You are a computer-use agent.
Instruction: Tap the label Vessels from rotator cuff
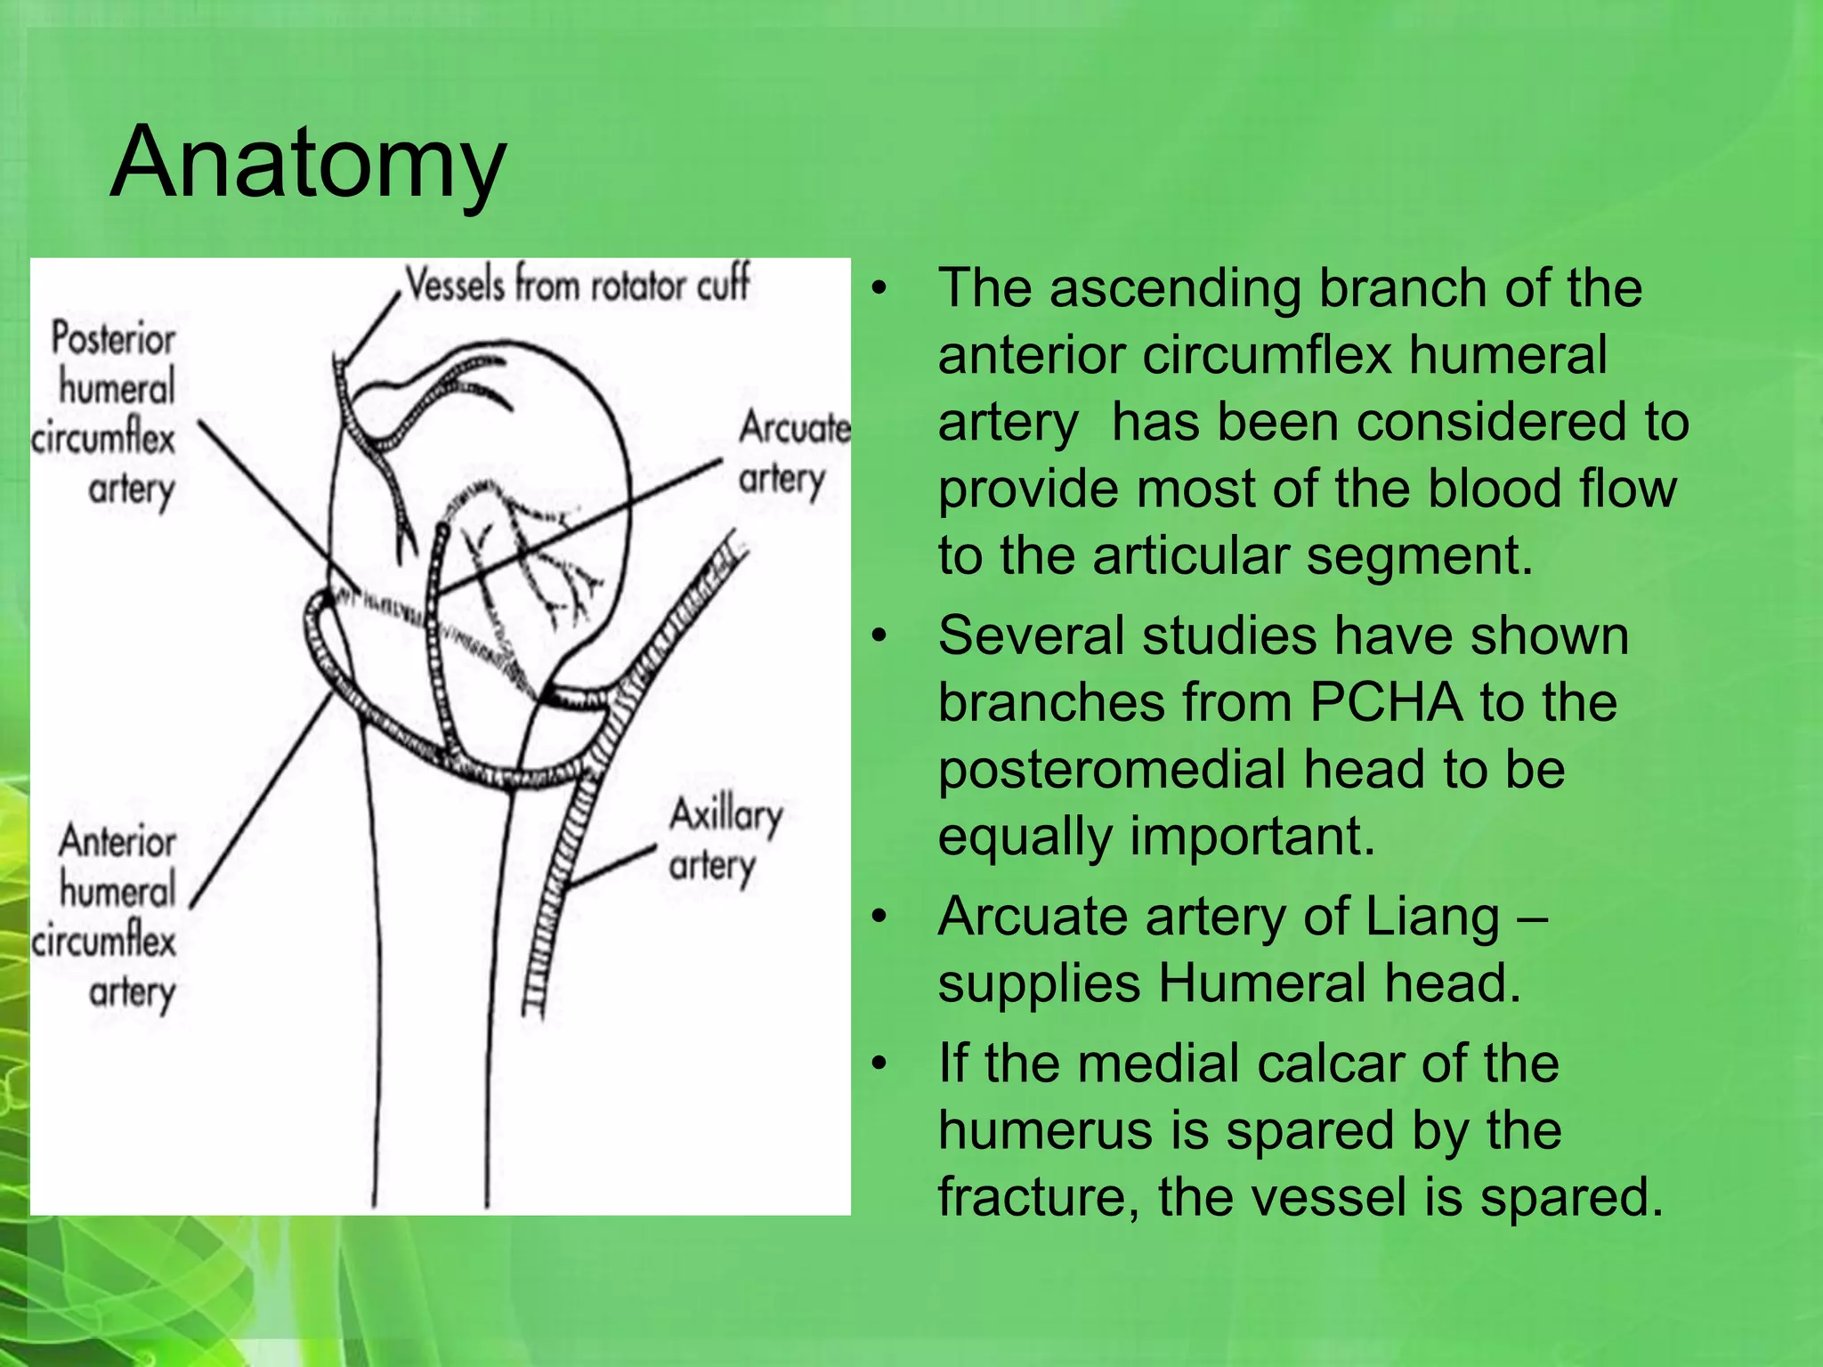click(x=578, y=286)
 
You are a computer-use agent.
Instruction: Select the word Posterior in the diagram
click(x=113, y=339)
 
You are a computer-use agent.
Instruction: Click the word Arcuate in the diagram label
click(x=794, y=428)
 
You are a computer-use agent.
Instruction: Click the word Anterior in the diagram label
click(x=117, y=842)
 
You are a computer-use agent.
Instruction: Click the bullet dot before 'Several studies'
click(x=879, y=636)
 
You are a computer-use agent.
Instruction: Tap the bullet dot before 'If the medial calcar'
click(x=879, y=1064)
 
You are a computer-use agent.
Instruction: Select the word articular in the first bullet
click(x=1185, y=556)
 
